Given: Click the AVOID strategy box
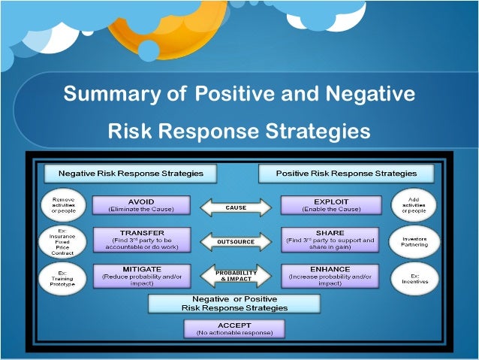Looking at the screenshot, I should pyautogui.click(x=141, y=206).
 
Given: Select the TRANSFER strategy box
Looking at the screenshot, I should pyautogui.click(x=141, y=240).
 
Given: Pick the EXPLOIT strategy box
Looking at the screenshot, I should pyautogui.click(x=330, y=206).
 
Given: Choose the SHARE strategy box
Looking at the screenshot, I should pyautogui.click(x=330, y=240).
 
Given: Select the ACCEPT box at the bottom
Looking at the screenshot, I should pyautogui.click(x=234, y=328).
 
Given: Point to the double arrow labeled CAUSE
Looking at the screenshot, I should pyautogui.click(x=236, y=207).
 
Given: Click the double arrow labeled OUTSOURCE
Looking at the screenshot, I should pyautogui.click(x=236, y=241).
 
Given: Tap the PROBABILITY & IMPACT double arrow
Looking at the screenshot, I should pyautogui.click(x=236, y=275).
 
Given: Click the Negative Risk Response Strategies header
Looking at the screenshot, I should pyautogui.click(x=131, y=173).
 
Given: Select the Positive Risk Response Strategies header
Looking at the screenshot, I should pyautogui.click(x=346, y=173).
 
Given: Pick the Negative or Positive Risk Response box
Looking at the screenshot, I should pyautogui.click(x=234, y=304).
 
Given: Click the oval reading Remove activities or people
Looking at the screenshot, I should pyautogui.click(x=63, y=204).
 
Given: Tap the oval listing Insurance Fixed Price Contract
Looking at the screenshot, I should pyautogui.click(x=63, y=240).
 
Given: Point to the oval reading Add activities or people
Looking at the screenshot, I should pyautogui.click(x=414, y=204).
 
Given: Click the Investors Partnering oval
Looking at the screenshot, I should pyautogui.click(x=414, y=240).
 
